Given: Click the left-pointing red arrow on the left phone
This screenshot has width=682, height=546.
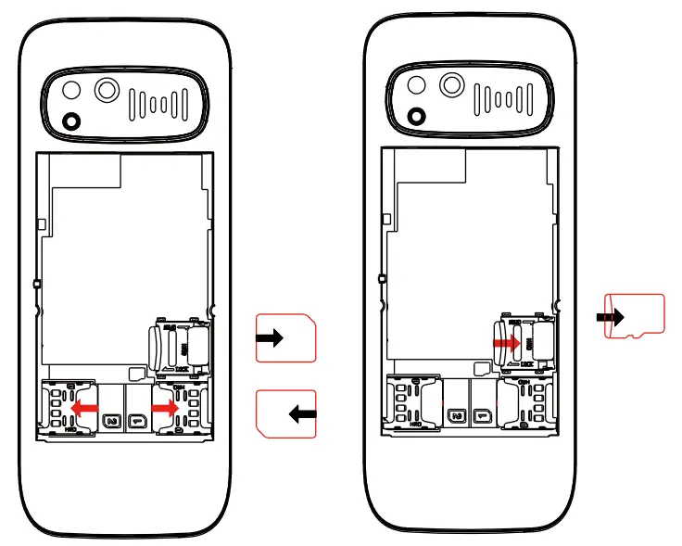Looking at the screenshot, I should pos(85,407).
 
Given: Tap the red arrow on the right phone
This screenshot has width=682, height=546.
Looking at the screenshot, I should pos(506,342).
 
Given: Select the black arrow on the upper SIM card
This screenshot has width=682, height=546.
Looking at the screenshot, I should pos(270,338).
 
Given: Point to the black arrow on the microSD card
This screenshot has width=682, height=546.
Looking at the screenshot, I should pos(610,317).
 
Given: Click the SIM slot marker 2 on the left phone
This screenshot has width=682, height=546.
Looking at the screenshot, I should pos(112,420).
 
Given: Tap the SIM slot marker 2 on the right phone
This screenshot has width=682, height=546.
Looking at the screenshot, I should pos(456,418).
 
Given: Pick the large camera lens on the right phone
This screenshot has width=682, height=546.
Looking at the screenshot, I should pos(451,85).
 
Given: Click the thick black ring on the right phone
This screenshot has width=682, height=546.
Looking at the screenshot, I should pos(416,115).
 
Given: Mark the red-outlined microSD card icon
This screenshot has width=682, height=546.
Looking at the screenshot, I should pos(636,316).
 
